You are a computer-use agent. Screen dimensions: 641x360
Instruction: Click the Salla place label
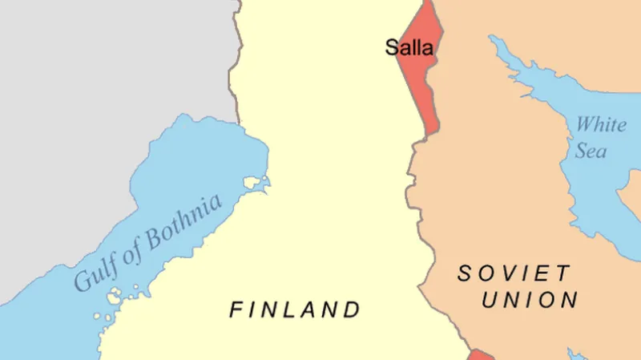coord(409,47)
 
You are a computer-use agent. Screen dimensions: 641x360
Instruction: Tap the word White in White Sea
coord(601,125)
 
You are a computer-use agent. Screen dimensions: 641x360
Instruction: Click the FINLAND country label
coord(295,309)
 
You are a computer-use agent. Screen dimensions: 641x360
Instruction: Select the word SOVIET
coord(514,273)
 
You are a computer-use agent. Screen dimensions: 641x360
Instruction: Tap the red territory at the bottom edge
coord(479,354)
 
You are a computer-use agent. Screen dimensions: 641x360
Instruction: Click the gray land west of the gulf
coord(80,80)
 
